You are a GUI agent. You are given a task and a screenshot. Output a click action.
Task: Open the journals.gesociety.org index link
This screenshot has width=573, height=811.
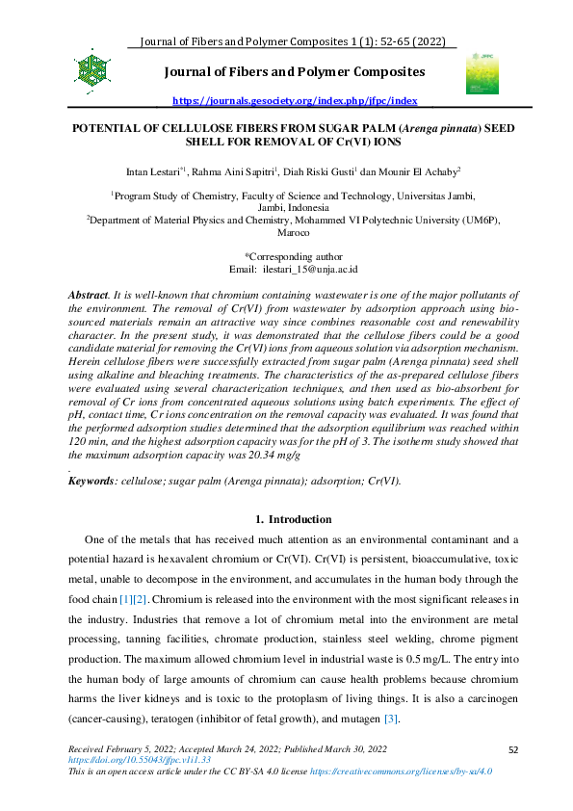295,100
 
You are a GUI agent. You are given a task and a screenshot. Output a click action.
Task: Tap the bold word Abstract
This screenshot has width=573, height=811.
89,293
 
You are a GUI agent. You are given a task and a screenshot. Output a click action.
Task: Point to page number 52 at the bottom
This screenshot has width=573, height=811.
513,748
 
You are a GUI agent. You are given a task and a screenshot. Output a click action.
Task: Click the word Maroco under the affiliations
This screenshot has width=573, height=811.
294,233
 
